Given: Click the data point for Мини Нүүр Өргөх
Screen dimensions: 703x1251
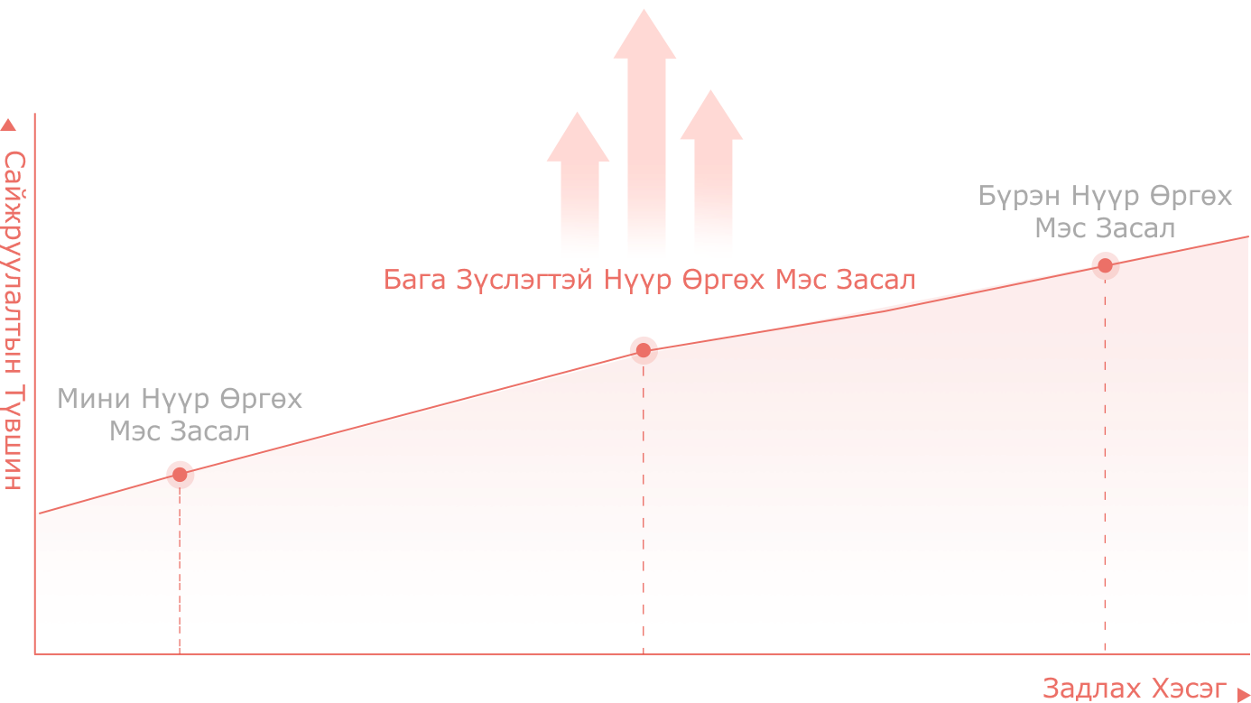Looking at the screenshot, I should click(x=180, y=473).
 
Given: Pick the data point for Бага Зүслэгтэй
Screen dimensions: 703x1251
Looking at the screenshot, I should click(x=644, y=348).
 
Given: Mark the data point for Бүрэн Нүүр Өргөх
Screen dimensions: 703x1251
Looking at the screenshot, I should click(x=1106, y=264).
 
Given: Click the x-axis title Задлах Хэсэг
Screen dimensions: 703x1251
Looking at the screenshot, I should click(x=1135, y=689).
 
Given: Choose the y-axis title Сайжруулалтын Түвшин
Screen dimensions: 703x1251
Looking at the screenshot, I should click(x=13, y=320).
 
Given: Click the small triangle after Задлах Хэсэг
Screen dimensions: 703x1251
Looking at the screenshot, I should click(x=1243, y=690).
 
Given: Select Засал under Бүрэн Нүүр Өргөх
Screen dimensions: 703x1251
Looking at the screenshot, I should click(x=1140, y=228).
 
